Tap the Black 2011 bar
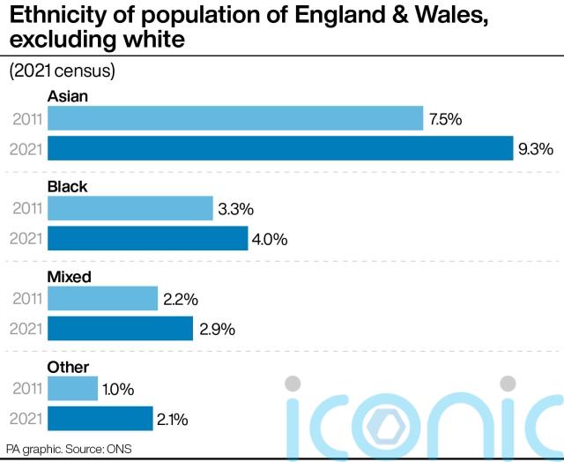point(130,209)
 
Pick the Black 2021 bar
point(148,239)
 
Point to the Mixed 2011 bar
point(102,299)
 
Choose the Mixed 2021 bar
point(120,329)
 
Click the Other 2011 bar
point(72,389)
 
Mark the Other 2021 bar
point(100,419)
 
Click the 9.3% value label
point(536,149)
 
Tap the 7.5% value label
point(446,119)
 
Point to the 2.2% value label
point(180,299)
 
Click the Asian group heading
point(68,96)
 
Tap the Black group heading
point(68,187)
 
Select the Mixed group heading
point(70,277)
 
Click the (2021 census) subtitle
point(63,71)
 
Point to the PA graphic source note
point(67,449)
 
